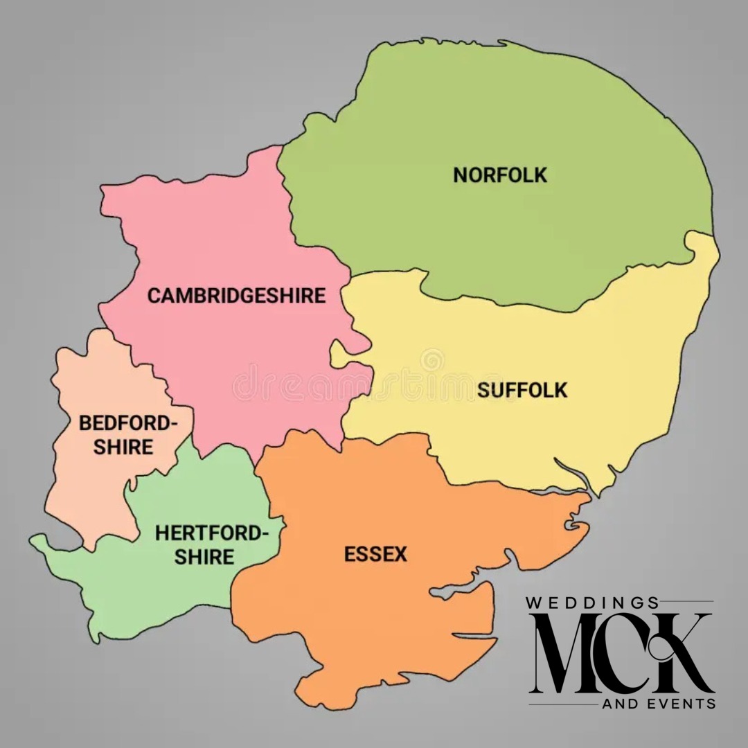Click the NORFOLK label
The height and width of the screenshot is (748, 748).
pos(500,175)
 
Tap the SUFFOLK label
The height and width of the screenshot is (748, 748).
pos(522,391)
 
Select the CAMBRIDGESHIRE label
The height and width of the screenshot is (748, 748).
pos(236,296)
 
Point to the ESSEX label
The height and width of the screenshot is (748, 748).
pos(375,555)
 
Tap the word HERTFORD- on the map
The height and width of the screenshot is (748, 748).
pos(211,533)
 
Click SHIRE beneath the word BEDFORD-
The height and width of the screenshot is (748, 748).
pos(124,447)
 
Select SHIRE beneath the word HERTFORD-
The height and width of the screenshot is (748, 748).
pos(204,556)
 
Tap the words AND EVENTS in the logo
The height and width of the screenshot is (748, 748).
pos(659,704)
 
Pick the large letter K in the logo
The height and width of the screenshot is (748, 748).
pos(682,654)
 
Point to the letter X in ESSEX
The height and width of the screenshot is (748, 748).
pos(400,555)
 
